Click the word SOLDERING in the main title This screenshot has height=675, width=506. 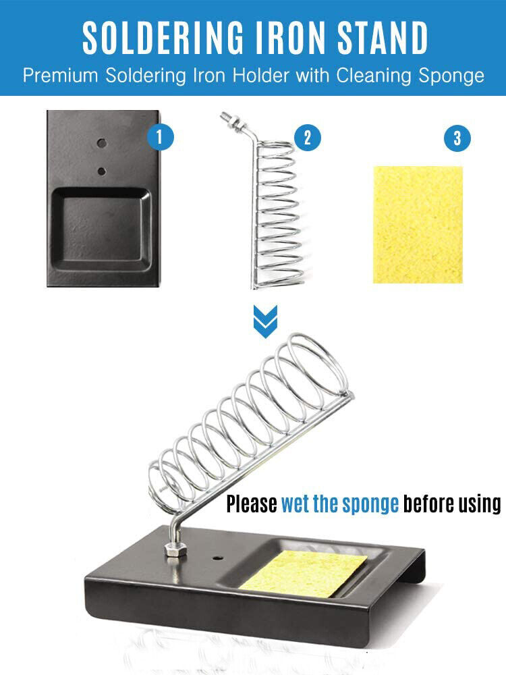[163, 38]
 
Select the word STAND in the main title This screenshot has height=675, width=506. [383, 38]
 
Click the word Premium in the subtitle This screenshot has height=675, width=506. [60, 76]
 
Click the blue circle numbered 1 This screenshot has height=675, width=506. [160, 137]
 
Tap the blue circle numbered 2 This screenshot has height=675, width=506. [307, 137]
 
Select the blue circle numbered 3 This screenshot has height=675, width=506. [457, 138]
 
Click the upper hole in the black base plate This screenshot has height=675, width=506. [102, 143]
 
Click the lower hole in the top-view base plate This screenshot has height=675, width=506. [102, 171]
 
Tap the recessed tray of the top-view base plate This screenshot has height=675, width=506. [102, 230]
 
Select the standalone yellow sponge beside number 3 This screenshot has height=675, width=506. [418, 225]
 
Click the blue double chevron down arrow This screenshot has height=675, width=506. [265, 321]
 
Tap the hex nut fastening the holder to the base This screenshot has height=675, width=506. [175, 549]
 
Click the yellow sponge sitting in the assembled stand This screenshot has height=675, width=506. [304, 573]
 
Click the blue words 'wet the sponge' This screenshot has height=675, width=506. [340, 504]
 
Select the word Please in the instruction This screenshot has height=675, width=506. [252, 504]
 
